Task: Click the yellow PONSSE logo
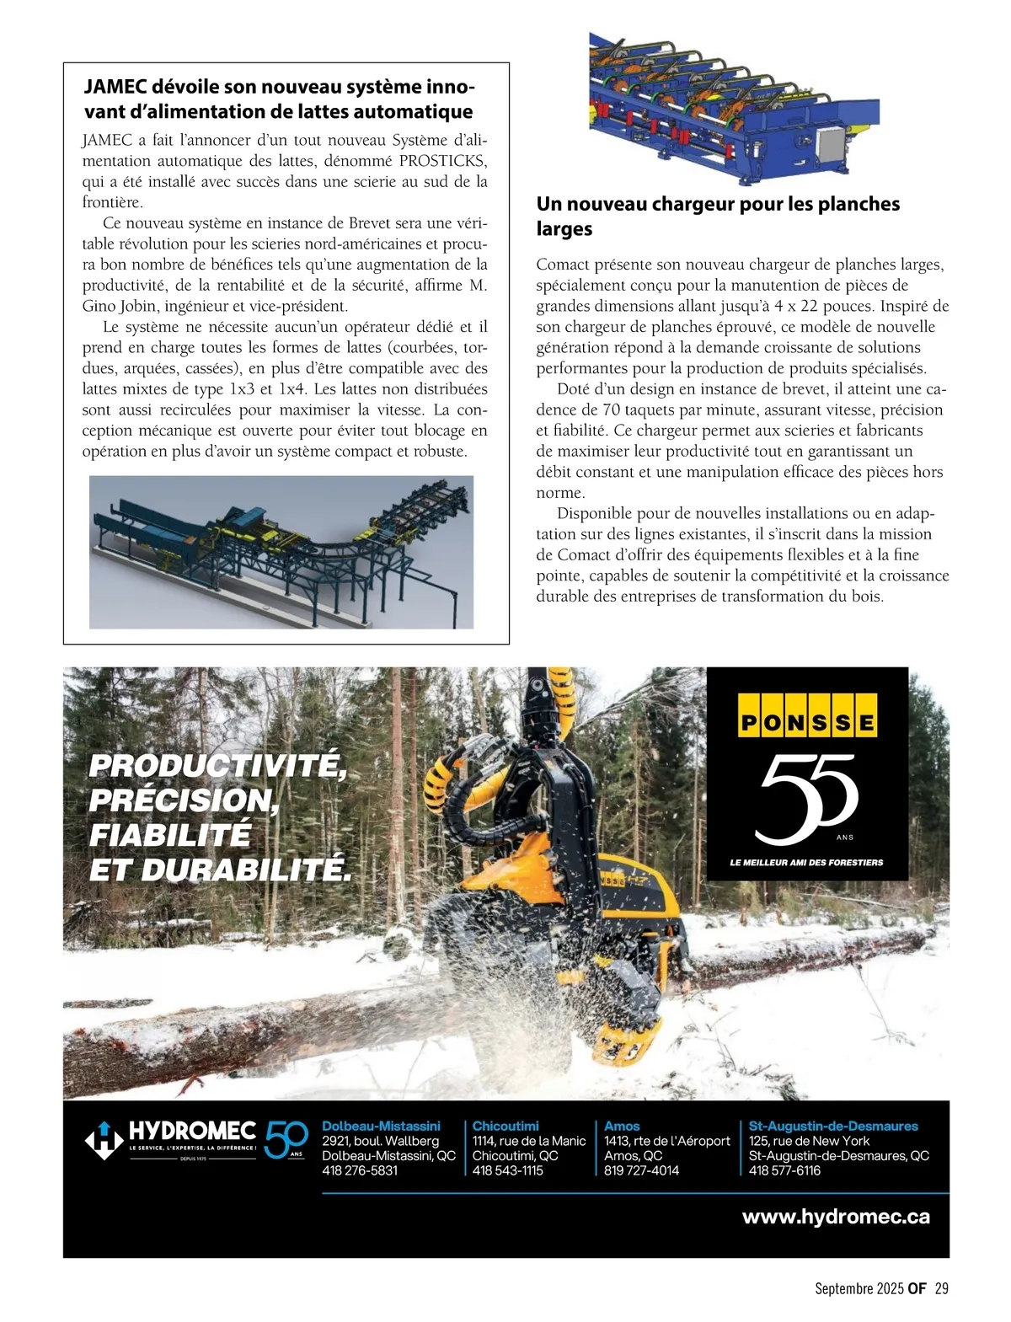(x=807, y=715)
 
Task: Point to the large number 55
(x=807, y=797)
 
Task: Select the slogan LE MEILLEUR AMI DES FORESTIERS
(x=806, y=863)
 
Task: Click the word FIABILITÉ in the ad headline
(x=170, y=835)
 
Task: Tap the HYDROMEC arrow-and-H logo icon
(x=104, y=1141)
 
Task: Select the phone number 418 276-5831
(x=360, y=1170)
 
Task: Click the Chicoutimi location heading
(x=505, y=1126)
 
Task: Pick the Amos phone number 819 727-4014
(x=641, y=1170)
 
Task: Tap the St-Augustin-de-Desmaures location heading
(x=833, y=1126)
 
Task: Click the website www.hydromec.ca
(x=836, y=1217)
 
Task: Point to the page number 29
(x=942, y=1288)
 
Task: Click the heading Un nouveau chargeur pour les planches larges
(x=718, y=216)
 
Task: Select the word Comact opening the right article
(x=562, y=265)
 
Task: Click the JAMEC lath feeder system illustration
(x=281, y=552)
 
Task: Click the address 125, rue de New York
(x=809, y=1141)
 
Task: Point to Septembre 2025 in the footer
(x=859, y=1288)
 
